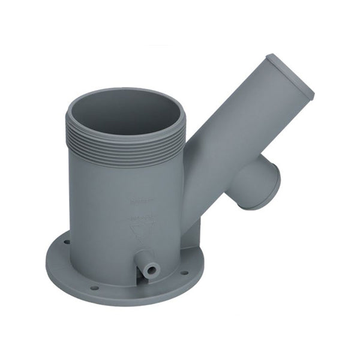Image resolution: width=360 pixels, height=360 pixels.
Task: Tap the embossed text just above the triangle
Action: (139, 215)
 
